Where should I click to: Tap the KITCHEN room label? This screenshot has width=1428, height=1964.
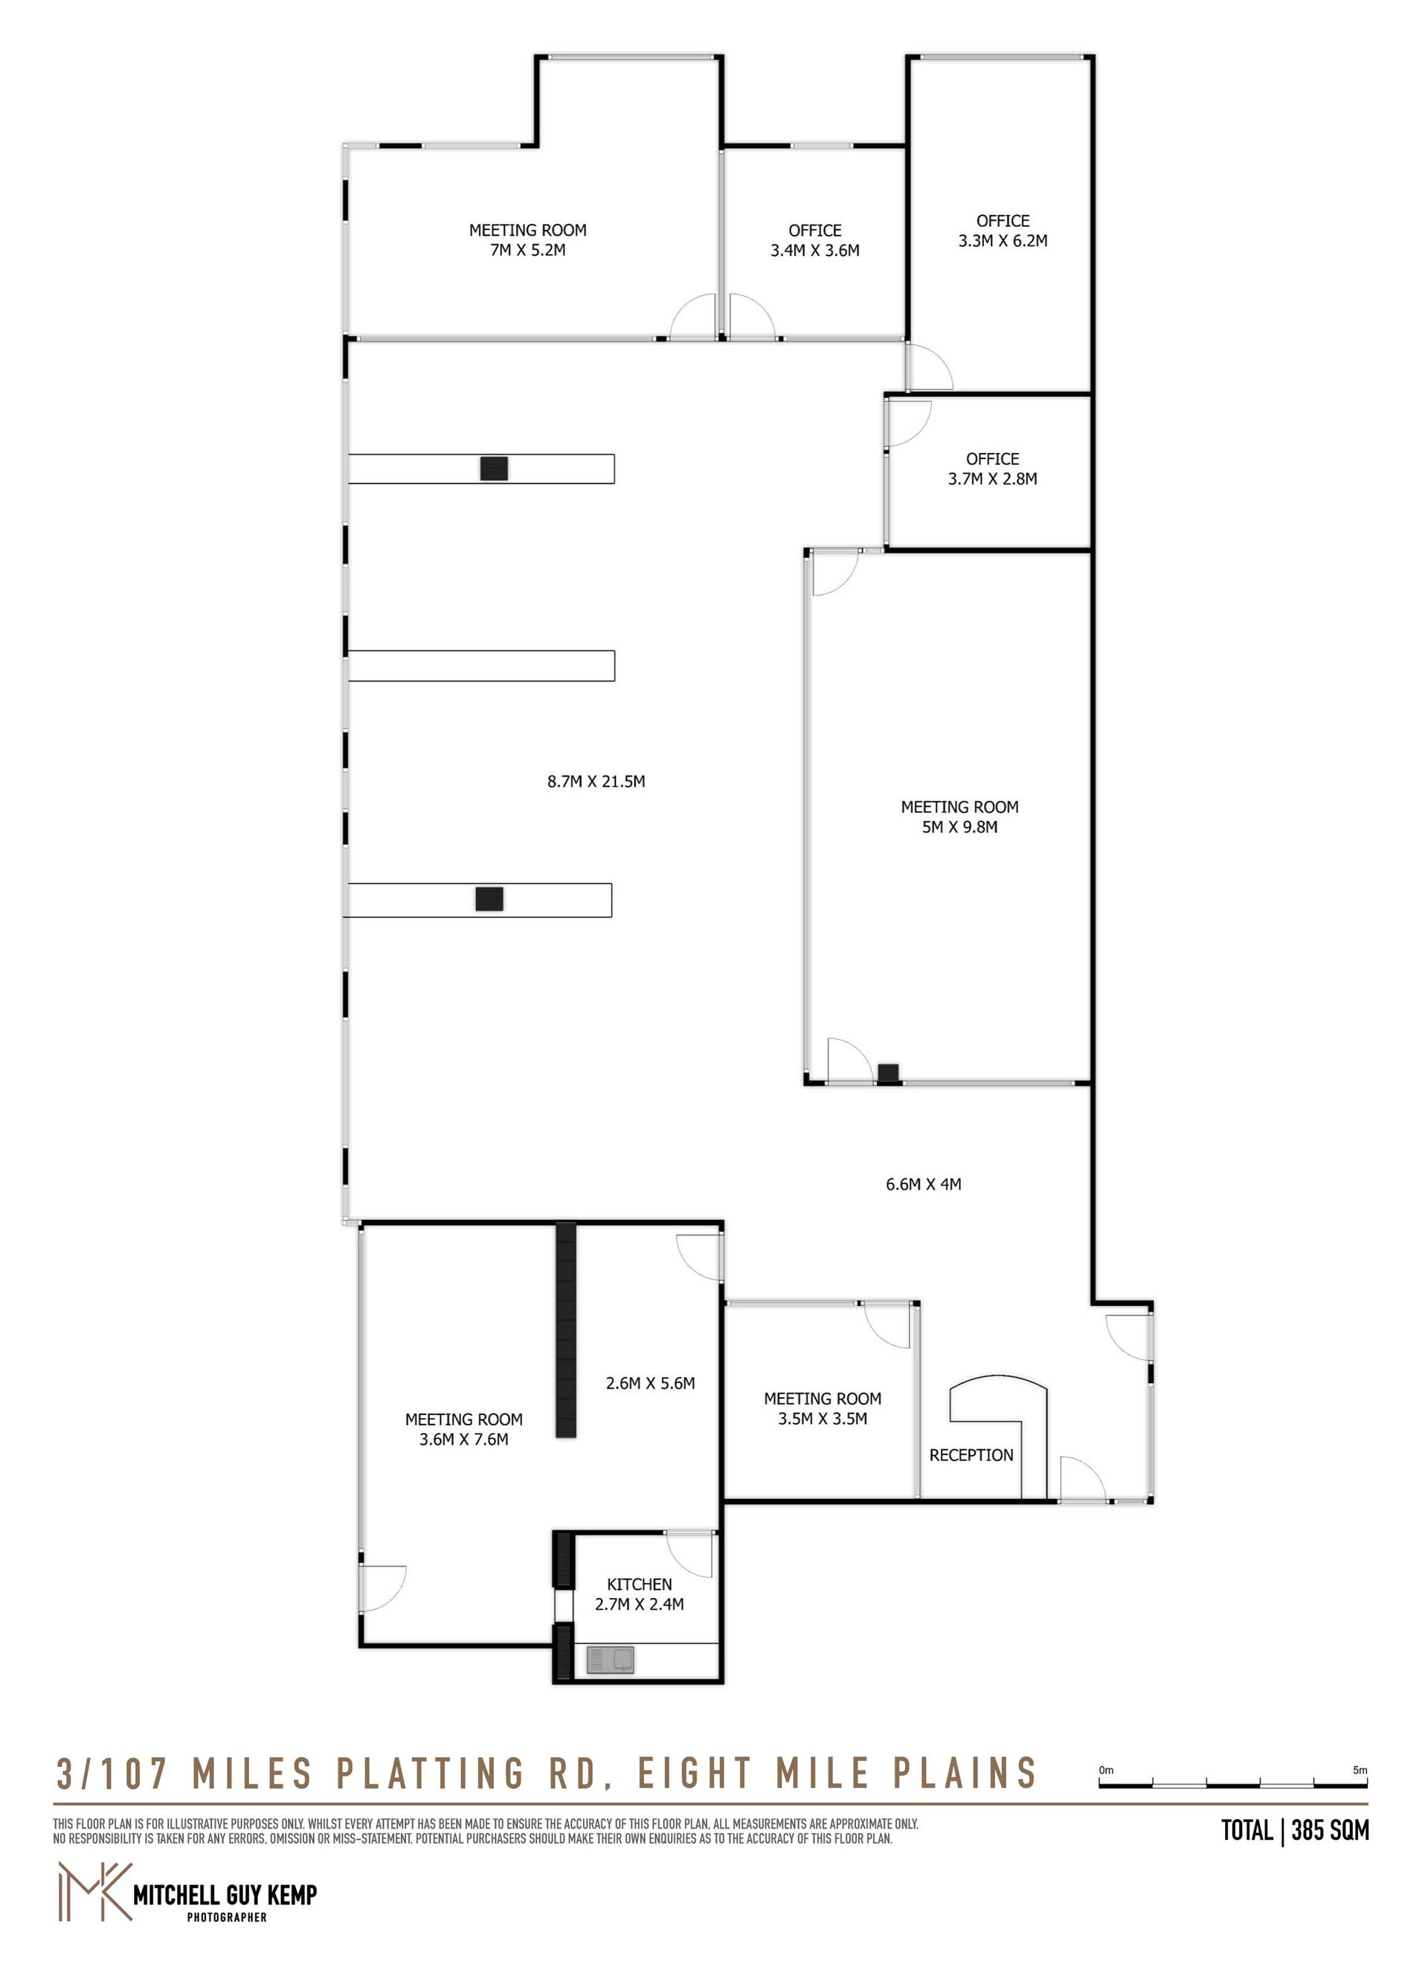pos(639,1585)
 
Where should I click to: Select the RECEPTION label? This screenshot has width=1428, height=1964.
pos(971,1456)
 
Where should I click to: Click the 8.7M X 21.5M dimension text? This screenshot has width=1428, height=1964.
pos(596,782)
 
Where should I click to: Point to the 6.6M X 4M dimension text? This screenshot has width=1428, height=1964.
pos(923,1184)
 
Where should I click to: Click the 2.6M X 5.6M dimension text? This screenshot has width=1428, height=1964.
pos(650,1384)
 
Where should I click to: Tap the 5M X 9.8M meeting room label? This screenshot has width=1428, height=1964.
pos(959,818)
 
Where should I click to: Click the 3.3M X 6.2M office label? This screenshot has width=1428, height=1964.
pos(1003,231)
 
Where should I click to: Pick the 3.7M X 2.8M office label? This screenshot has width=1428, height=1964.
pos(992,469)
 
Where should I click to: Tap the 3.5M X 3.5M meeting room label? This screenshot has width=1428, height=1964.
pos(822,1409)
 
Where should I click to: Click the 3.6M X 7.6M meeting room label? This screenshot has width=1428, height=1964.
pos(463,1430)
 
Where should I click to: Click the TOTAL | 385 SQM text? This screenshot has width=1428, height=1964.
pos(1295,1830)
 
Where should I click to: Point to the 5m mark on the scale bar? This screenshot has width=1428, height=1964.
pos(1360,1770)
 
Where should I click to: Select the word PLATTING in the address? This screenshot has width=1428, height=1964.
pos(431,1774)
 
